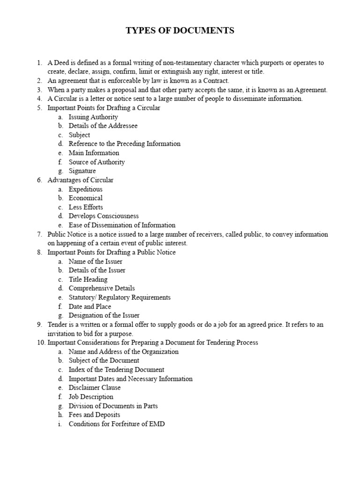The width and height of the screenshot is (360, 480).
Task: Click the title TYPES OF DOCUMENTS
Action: coord(180,31)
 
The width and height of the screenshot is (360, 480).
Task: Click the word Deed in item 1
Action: coord(62,63)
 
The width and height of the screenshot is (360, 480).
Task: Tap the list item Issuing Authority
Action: coord(93,117)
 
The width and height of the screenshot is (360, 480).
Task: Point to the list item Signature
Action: coord(82,171)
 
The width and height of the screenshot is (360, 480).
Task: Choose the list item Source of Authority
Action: coord(97,162)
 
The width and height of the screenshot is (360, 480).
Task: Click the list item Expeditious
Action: coord(85,189)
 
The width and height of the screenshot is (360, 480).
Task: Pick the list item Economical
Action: coord(85,198)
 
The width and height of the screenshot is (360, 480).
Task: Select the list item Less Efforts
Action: coord(86,207)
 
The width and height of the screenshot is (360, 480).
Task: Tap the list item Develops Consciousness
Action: coord(104,216)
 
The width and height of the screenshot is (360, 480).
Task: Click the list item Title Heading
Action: coord(88,279)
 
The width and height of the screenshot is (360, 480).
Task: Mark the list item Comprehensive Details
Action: coord(102,288)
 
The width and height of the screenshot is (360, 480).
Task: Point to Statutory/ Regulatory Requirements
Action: coord(120,298)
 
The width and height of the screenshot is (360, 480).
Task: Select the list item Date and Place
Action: coord(90,307)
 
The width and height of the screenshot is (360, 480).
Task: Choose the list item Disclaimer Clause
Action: coord(95,388)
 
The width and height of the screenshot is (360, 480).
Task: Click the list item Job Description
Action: coord(91,397)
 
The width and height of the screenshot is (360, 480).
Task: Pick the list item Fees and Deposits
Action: coord(94,415)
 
